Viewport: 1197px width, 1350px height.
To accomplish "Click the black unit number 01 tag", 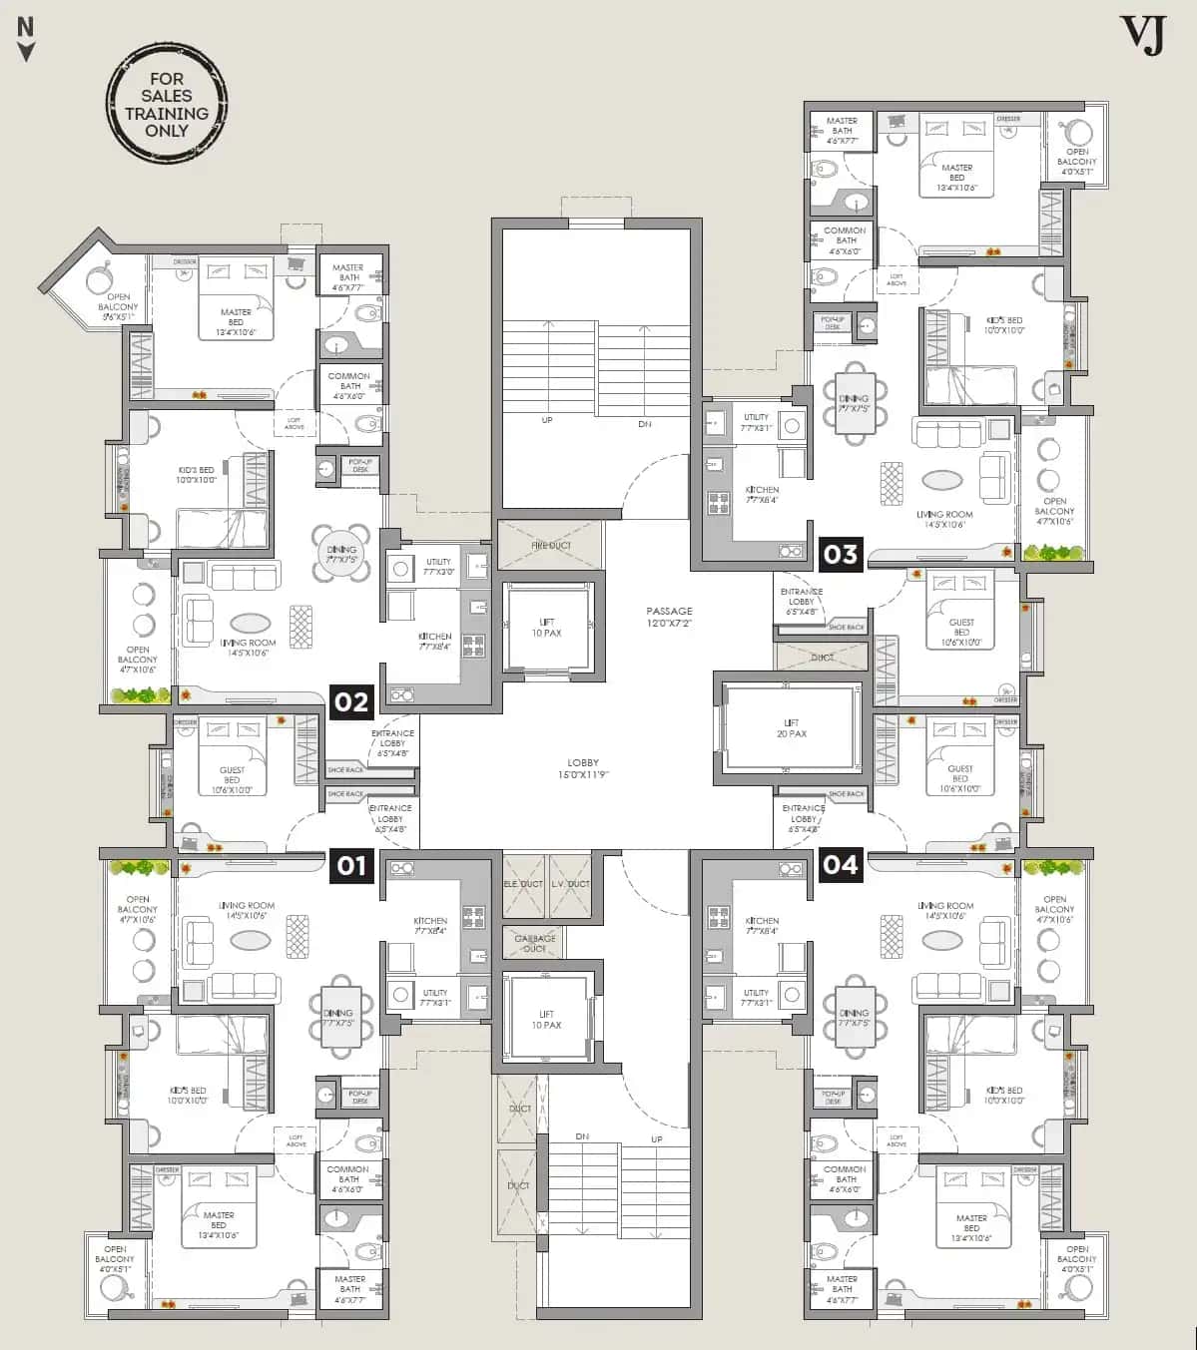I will pos(351,864).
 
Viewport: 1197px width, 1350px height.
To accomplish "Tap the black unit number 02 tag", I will pos(351,701).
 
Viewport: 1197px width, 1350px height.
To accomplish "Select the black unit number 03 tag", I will pos(841,554).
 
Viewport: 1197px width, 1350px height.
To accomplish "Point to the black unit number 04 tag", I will pos(841,864).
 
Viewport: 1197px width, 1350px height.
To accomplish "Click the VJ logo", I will pos(1142,35).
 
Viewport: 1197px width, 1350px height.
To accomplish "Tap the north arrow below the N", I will pos(27,52).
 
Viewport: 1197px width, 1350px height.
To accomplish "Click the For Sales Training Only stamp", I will pos(167,104).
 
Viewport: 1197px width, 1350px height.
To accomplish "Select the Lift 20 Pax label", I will pos(792,728).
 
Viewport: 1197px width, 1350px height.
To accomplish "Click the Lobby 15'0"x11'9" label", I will pos(583,768).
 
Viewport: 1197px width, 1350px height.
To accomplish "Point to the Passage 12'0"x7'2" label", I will pos(669,617).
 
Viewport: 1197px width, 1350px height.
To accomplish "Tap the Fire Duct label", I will pos(551,546).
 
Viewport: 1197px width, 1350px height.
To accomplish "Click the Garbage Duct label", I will pos(534,943).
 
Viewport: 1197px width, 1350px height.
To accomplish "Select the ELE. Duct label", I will pos(523,884).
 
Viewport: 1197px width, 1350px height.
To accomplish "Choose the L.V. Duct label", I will pos(570,884).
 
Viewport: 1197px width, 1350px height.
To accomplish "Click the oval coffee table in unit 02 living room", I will pos(250,623).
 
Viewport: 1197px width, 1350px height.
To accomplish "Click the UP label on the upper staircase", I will pos(547,420).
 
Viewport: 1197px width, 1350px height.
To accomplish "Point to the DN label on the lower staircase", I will pos(582,1136).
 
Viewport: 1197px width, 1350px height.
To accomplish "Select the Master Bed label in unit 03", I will pos(956,173).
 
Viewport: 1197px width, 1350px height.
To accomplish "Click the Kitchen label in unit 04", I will pos(762,926).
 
